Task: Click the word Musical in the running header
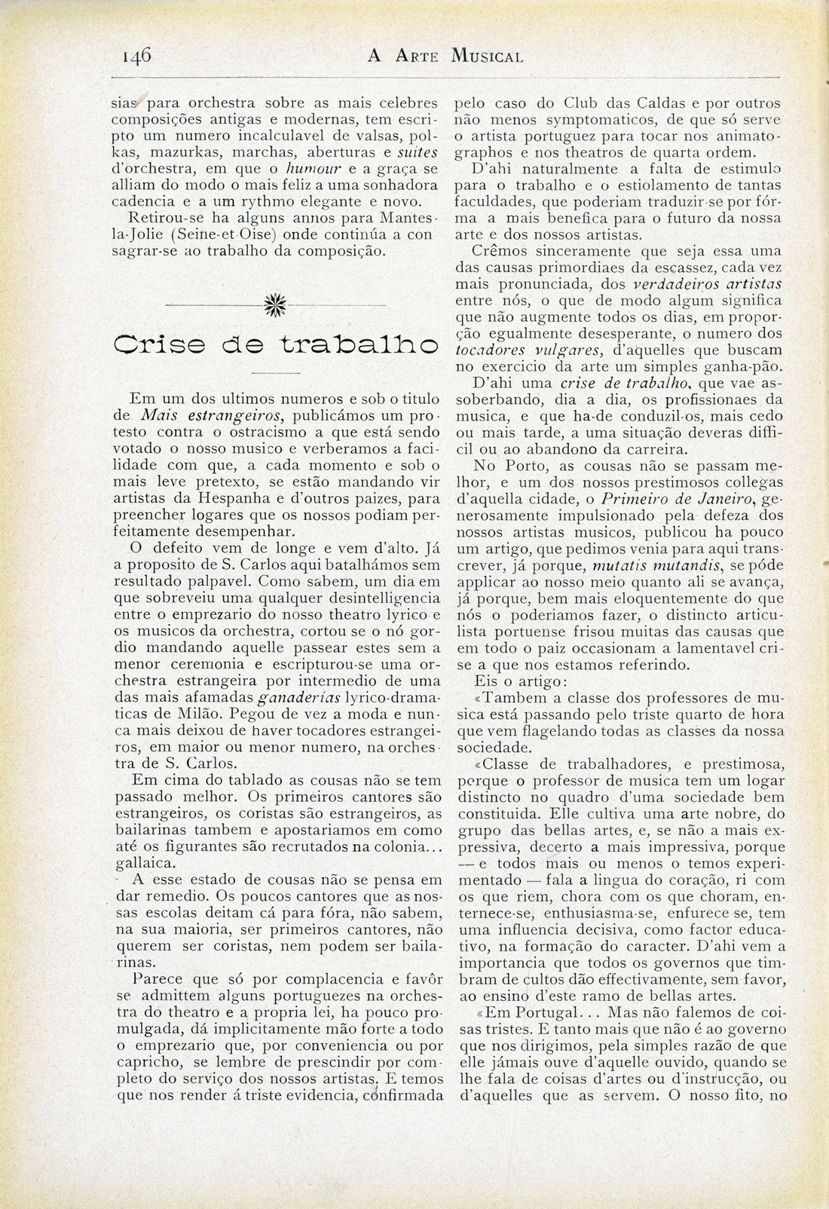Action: pos(487,56)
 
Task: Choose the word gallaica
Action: pos(137,861)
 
